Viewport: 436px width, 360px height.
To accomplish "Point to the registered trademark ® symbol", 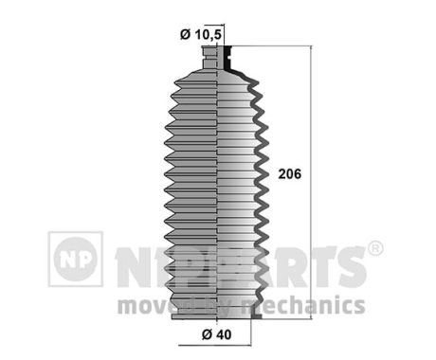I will (x=375, y=248).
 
